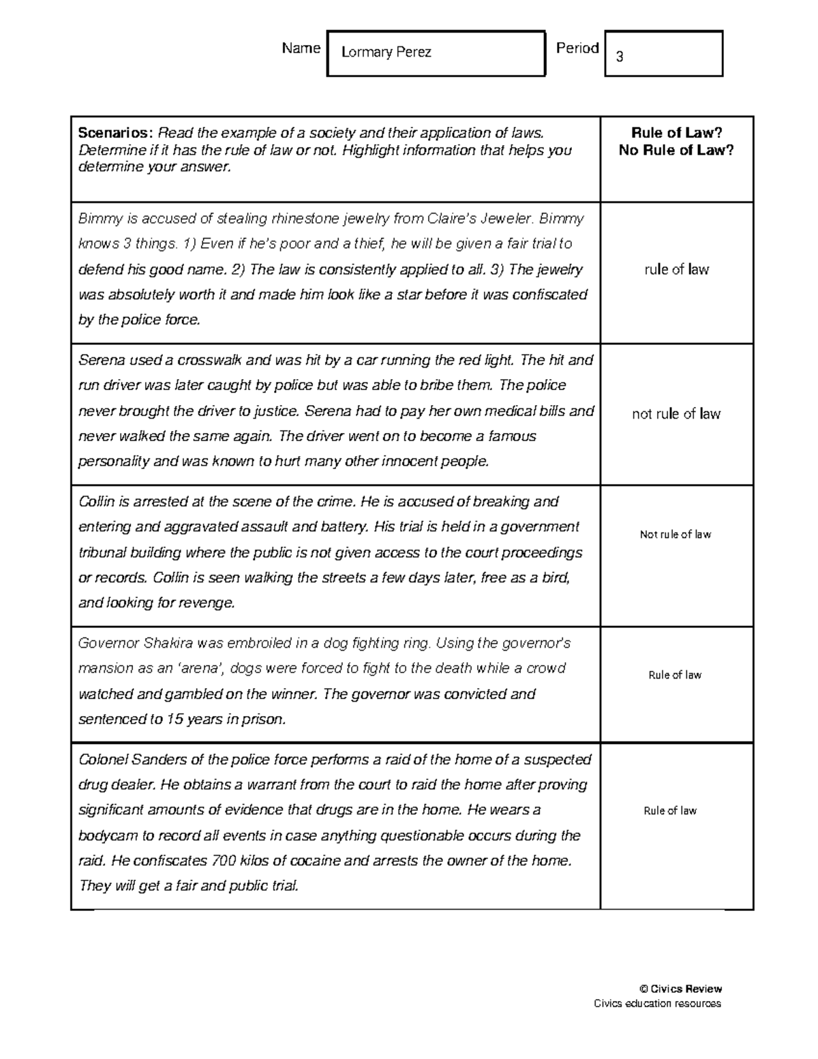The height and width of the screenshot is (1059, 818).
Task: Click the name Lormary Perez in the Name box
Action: click(x=386, y=53)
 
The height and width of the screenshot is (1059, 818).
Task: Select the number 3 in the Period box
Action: click(x=620, y=57)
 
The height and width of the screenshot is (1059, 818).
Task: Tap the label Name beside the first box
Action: click(x=301, y=48)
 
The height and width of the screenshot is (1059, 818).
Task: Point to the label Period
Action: click(x=577, y=48)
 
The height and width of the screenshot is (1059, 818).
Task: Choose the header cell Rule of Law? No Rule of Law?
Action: click(x=676, y=142)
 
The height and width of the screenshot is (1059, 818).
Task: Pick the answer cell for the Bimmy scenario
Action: click(x=676, y=270)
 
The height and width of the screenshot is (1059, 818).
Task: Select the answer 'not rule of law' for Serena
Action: click(x=676, y=414)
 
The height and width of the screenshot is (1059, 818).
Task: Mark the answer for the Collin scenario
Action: click(x=675, y=535)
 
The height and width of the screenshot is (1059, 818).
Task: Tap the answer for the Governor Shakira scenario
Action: click(x=675, y=675)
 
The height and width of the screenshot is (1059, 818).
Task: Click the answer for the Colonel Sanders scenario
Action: click(x=670, y=811)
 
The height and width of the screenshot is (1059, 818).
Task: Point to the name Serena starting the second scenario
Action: click(x=100, y=360)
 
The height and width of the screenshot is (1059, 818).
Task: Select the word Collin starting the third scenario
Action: click(x=97, y=502)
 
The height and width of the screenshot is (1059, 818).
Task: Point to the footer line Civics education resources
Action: click(x=657, y=1003)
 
